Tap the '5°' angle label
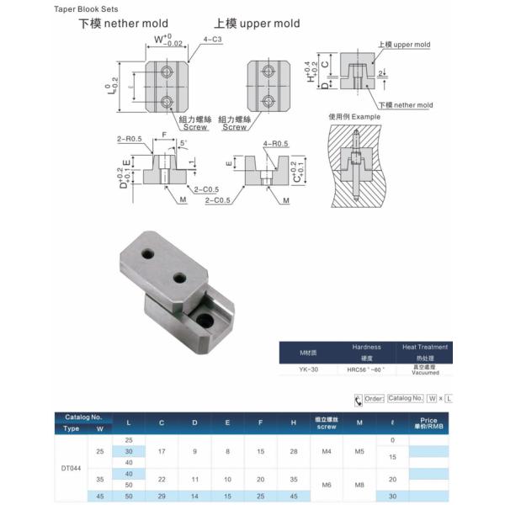coord(183,143)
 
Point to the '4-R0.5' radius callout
coord(275,144)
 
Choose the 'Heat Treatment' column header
coord(425,347)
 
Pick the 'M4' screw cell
coord(326,451)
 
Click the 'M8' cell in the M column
coord(359,484)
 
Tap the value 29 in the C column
coord(162,496)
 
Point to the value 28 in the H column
coord(293,451)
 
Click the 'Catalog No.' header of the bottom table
coord(83,417)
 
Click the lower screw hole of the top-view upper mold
coord(269,101)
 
